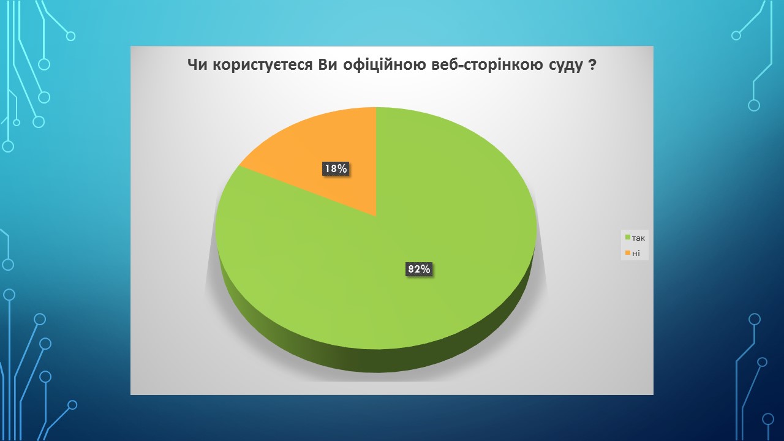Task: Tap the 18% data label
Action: [336, 169]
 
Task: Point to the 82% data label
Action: [419, 269]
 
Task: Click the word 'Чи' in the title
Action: [197, 65]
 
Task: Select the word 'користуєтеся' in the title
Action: [263, 65]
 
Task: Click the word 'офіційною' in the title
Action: [384, 65]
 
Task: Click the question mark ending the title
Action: [592, 65]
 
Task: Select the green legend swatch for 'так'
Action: [628, 238]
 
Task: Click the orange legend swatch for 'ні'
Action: [628, 253]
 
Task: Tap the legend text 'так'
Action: [638, 238]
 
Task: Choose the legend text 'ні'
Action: [636, 253]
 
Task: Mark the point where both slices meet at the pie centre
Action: [376, 216]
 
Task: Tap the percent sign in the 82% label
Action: [426, 269]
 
